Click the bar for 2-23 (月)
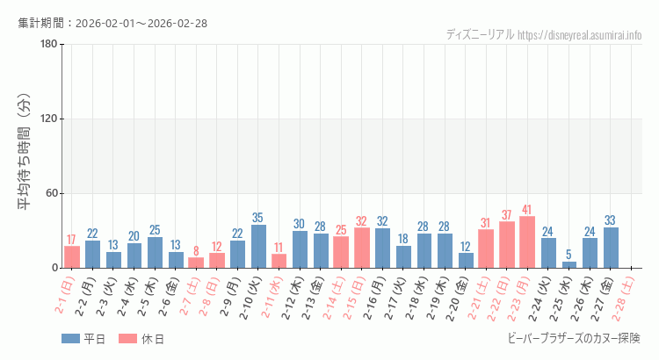tap(527, 242)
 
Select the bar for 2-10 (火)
tap(258, 247)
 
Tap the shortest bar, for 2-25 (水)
tap(569, 264)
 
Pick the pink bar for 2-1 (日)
tap(71, 257)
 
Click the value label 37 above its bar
tap(506, 215)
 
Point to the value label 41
tap(527, 210)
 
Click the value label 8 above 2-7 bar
tap(196, 250)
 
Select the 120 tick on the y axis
tap(49, 119)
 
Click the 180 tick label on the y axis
tap(49, 45)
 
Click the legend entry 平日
tap(83, 339)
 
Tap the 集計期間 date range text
tap(112, 23)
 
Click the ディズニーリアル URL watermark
tap(544, 34)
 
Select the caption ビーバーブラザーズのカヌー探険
tap(575, 338)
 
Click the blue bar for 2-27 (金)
tap(611, 248)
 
